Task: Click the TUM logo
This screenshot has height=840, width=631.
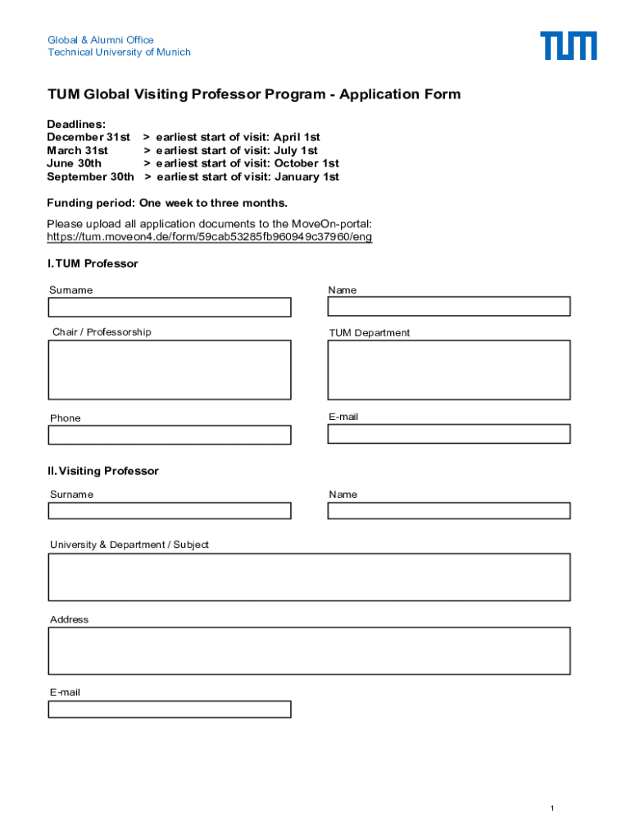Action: click(568, 46)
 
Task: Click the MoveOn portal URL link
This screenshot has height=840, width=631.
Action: click(209, 237)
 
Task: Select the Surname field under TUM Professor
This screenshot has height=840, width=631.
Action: click(170, 308)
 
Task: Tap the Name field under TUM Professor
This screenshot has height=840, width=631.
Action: click(448, 307)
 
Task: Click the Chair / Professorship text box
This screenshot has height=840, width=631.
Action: click(170, 370)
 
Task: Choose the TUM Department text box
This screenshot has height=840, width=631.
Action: click(448, 370)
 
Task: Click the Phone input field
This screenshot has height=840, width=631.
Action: click(170, 435)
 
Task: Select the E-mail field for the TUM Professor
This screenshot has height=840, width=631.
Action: click(448, 434)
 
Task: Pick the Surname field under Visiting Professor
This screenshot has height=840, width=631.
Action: click(170, 510)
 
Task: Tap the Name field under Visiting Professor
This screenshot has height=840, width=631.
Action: click(448, 510)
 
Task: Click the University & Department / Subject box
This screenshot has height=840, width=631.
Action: click(309, 577)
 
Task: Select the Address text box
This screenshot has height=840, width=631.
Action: click(309, 651)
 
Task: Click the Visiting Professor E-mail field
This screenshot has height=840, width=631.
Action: click(170, 709)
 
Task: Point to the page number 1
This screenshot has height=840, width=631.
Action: click(552, 810)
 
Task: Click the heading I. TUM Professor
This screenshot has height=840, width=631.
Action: click(93, 263)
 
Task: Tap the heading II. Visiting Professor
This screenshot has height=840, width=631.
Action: click(103, 471)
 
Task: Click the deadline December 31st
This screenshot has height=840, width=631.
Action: click(89, 137)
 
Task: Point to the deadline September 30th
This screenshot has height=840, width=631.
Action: click(90, 176)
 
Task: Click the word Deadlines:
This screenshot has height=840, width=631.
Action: click(76, 124)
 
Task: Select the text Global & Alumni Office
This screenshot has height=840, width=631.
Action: click(100, 39)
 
